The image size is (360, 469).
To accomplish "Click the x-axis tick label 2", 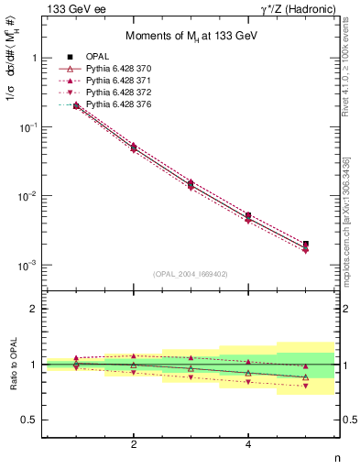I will pos(134,444).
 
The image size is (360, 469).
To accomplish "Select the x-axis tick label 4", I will pos(248,444).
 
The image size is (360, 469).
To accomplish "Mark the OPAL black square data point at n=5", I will pos(305,244).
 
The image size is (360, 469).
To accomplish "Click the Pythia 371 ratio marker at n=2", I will pos(134,355).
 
